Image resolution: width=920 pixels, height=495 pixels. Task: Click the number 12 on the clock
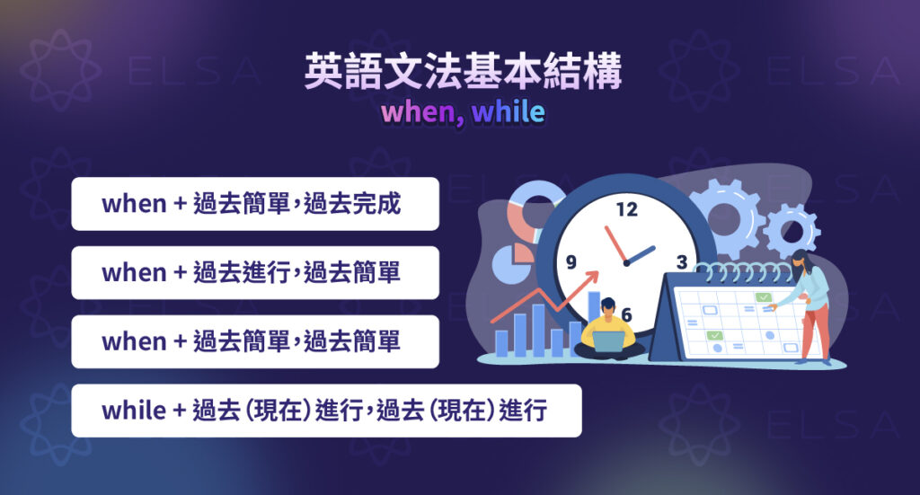(x=626, y=210)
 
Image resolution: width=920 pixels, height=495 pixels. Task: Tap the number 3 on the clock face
(x=681, y=262)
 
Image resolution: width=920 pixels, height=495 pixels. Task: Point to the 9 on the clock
(x=571, y=263)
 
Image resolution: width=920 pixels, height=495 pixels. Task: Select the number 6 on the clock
(x=626, y=314)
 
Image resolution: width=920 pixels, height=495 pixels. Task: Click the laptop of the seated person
(x=606, y=341)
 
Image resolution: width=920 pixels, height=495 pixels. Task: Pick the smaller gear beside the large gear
(x=791, y=229)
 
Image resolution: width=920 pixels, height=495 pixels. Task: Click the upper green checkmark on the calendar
(x=763, y=297)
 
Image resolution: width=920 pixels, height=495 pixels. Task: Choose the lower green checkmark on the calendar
(x=714, y=335)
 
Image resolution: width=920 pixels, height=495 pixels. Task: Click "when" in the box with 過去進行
(x=134, y=272)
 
